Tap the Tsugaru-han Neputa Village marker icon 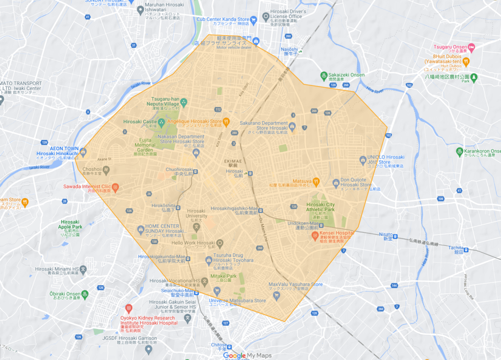click(184, 103)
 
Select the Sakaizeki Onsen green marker click(324, 75)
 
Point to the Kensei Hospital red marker click(316, 236)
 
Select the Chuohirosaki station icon click(195, 172)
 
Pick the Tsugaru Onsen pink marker click(472, 47)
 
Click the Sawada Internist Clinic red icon click(115, 187)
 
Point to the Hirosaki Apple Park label click(69, 225)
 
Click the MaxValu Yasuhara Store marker click(265, 284)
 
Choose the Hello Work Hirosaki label click(193, 243)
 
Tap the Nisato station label click(386, 234)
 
